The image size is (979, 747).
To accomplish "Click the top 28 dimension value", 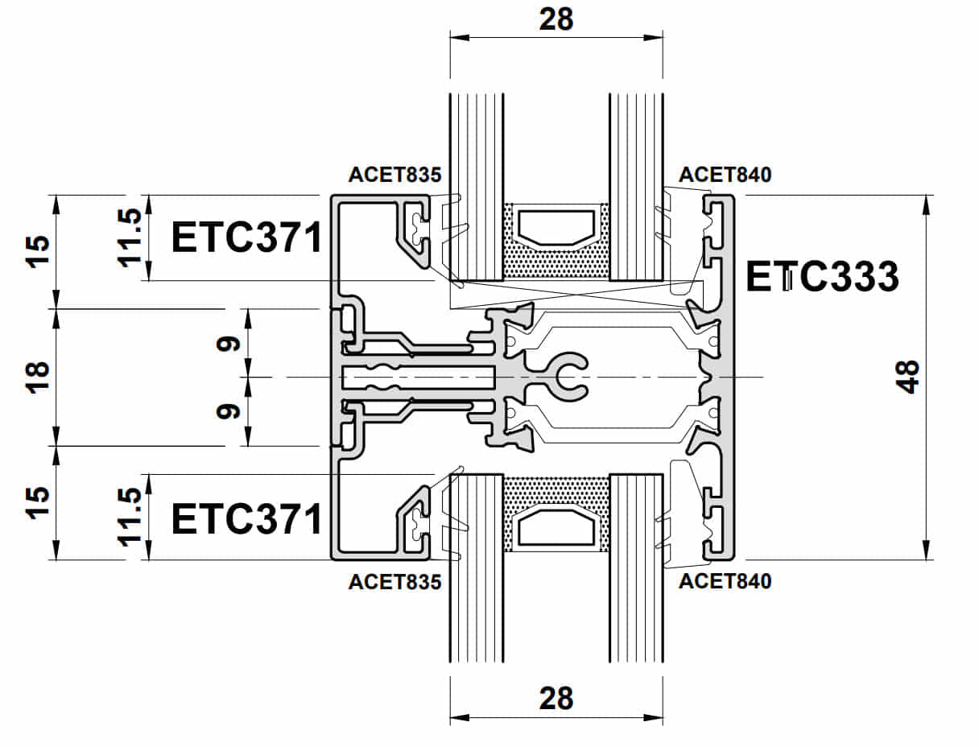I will pyautogui.click(x=556, y=19).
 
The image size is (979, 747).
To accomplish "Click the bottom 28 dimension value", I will pyautogui.click(x=556, y=698).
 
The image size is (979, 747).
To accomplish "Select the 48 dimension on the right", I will pyautogui.click(x=907, y=377).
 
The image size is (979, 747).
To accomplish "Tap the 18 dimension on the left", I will pyautogui.click(x=38, y=377).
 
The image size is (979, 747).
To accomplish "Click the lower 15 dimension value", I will pyautogui.click(x=38, y=501).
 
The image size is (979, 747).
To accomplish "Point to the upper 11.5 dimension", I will pyautogui.click(x=132, y=237).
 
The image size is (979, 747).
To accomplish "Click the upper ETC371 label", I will pyautogui.click(x=247, y=238).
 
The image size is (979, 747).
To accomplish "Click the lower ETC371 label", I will pyautogui.click(x=247, y=519).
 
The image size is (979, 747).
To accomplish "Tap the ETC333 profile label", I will pyautogui.click(x=821, y=277).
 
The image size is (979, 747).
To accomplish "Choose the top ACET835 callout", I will pyautogui.click(x=394, y=175).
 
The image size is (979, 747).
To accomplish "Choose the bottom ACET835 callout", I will pyautogui.click(x=394, y=581).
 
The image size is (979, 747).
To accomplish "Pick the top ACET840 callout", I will pyautogui.click(x=725, y=175).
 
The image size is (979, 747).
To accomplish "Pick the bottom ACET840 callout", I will pyautogui.click(x=725, y=581).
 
